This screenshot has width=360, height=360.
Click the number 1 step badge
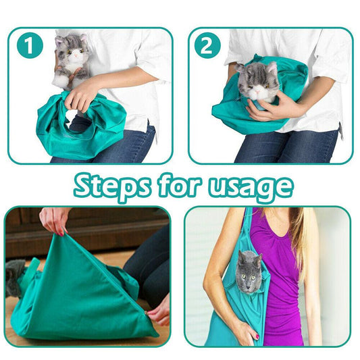29,46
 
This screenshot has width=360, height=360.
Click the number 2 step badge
207,45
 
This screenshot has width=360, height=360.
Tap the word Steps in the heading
112,186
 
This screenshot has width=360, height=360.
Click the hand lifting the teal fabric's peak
54,220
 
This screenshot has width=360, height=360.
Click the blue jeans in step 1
135,145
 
